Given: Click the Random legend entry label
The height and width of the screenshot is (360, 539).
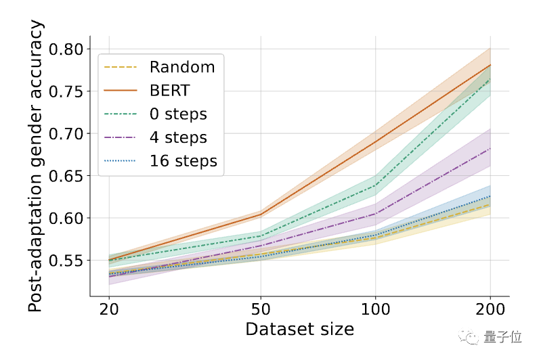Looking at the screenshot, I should coord(182,67).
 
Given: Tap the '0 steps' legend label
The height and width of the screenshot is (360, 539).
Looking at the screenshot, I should coord(178,114).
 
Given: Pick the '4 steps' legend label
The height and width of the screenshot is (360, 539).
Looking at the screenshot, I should coord(178,137).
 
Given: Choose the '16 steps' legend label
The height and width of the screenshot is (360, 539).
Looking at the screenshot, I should coord(184,161).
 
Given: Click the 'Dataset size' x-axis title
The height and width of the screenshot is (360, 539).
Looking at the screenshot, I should coord(299,330).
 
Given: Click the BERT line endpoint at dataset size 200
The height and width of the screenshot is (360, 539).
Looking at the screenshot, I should coord(490,65).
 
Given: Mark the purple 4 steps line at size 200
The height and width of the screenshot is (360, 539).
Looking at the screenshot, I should coord(490,148).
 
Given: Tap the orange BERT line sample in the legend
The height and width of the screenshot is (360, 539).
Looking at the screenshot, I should coord(120,90).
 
